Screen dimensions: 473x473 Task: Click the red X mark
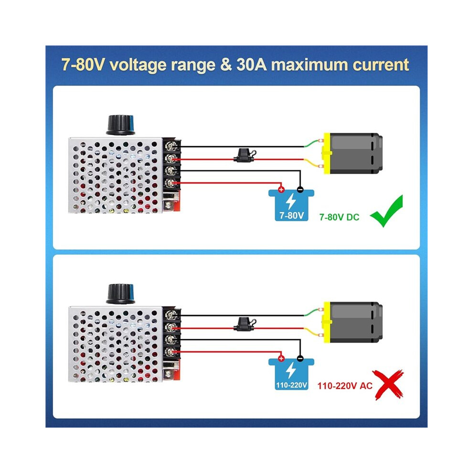point(388,385)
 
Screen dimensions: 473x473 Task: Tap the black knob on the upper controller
point(120,125)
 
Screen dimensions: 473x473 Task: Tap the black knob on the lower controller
point(120,294)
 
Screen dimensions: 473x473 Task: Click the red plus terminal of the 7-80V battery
point(281,190)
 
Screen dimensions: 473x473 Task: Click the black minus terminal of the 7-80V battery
point(300,190)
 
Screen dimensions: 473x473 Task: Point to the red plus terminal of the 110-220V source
point(281,358)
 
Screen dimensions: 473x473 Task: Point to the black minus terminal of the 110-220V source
point(300,358)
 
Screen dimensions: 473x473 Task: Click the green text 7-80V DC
point(339,217)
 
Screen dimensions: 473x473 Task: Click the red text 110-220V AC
point(345,386)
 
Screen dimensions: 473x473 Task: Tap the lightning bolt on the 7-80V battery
point(291,202)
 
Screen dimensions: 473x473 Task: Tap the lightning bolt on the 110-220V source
point(291,370)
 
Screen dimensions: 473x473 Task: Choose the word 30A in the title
point(252,64)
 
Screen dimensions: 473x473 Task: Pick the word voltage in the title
point(138,65)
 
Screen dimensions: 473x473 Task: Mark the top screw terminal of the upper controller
point(171,147)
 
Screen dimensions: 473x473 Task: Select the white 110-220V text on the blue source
point(291,385)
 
